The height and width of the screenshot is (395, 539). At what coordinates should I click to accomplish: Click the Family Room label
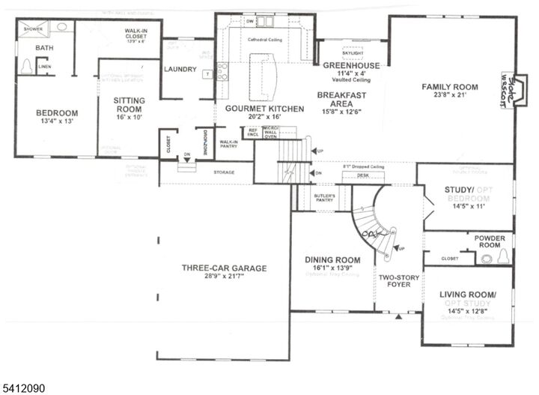pyautogui.click(x=449, y=87)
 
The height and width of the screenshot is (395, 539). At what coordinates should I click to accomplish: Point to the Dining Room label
pyautogui.click(x=332, y=260)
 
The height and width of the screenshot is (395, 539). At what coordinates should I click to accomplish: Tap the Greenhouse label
pyautogui.click(x=351, y=65)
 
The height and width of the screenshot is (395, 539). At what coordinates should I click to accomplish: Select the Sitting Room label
pyautogui.click(x=129, y=100)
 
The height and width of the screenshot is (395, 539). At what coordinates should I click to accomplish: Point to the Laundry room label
pyautogui.click(x=180, y=70)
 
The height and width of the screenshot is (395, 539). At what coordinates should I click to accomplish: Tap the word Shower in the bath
pyautogui.click(x=33, y=28)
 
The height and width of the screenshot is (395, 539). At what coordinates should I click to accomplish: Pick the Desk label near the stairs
pyautogui.click(x=363, y=175)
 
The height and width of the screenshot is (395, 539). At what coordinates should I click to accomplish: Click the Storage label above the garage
pyautogui.click(x=223, y=172)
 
